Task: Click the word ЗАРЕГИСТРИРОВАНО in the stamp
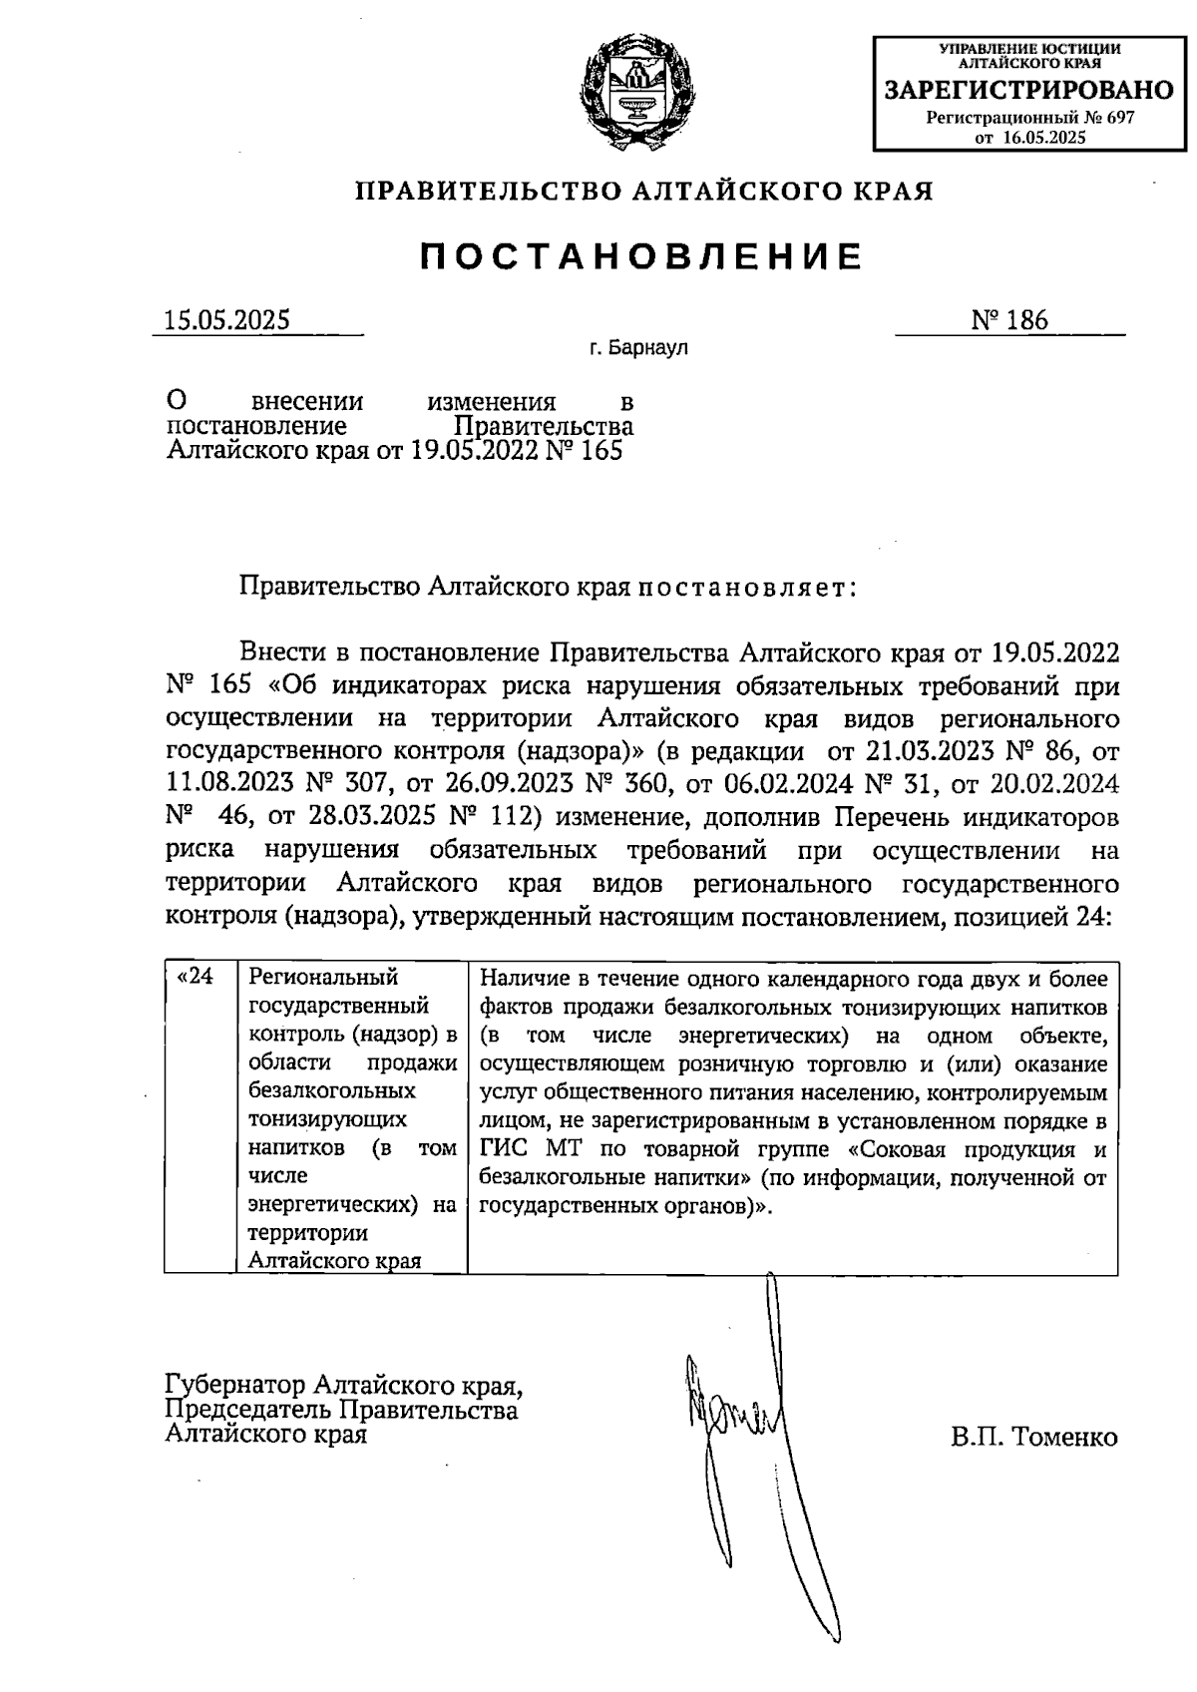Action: pos(1029,91)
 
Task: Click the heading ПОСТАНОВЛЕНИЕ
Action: pos(640,257)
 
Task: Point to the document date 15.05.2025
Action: pos(227,319)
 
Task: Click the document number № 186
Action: pos(1009,319)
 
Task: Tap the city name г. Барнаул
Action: pos(637,349)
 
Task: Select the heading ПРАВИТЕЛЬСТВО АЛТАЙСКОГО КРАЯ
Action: pos(644,191)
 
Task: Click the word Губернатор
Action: pos(236,1386)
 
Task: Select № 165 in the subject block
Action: pos(581,451)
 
